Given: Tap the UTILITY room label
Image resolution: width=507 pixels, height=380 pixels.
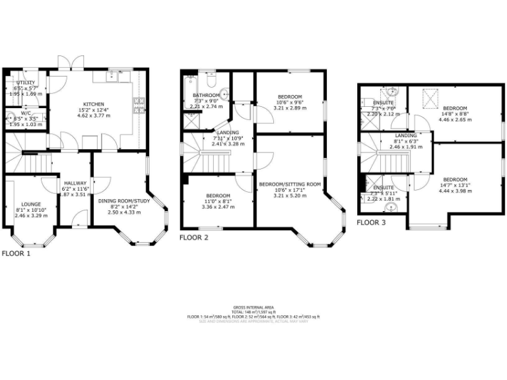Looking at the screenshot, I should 26,83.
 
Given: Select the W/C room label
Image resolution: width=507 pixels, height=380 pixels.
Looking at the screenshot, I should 26,113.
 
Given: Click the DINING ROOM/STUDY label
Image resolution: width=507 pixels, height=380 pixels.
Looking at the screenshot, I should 125,201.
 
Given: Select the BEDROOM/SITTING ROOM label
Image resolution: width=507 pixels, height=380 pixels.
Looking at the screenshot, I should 289,184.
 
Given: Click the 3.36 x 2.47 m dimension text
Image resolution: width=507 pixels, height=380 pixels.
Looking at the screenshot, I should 218,206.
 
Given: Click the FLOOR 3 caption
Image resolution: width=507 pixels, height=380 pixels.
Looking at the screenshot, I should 370,223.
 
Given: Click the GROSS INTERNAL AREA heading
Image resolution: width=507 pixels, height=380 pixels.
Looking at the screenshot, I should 253,308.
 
